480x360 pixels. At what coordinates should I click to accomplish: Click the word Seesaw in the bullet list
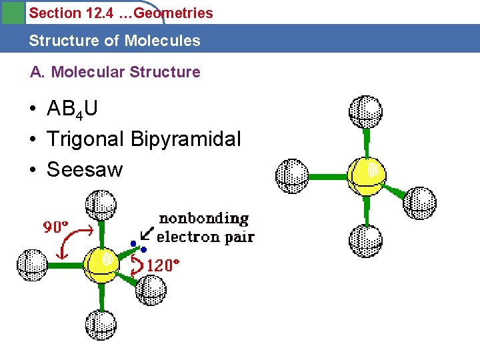pyautogui.click(x=85, y=170)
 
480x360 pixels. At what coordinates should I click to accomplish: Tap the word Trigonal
pyautogui.click(x=85, y=139)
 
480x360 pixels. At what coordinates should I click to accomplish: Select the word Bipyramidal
pyautogui.click(x=186, y=139)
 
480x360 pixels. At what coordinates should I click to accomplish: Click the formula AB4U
pyautogui.click(x=72, y=109)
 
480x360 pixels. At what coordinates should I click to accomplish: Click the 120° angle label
pyautogui.click(x=163, y=265)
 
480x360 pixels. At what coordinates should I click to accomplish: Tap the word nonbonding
pyautogui.click(x=203, y=219)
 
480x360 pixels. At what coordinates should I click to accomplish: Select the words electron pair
pyautogui.click(x=205, y=237)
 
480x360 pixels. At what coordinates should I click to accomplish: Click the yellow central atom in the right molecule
pyautogui.click(x=367, y=175)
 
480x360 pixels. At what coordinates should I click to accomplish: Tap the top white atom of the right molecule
pyautogui.click(x=365, y=111)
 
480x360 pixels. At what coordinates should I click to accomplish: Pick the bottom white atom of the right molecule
pyautogui.click(x=365, y=241)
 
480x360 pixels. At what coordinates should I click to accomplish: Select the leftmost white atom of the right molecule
pyautogui.click(x=292, y=176)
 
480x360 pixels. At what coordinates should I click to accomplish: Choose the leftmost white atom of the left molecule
pyautogui.click(x=32, y=264)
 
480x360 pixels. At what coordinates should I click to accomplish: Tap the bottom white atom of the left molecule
pyautogui.click(x=101, y=324)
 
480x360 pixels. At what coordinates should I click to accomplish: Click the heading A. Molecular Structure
pyautogui.click(x=115, y=72)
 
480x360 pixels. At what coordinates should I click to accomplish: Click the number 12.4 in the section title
pyautogui.click(x=99, y=13)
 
